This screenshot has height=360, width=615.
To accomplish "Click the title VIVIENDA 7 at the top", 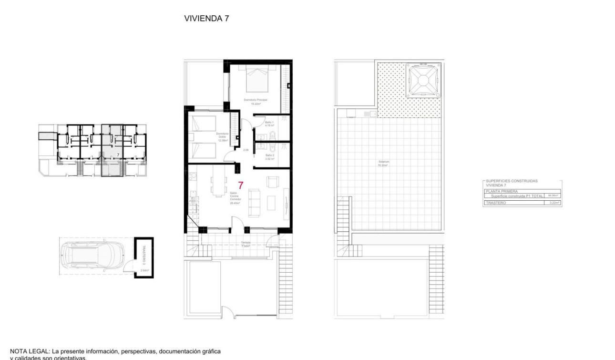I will pos(206,19).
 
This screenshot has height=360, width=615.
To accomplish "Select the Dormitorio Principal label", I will pos(256,100).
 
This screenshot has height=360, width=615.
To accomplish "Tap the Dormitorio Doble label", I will pos(223,137).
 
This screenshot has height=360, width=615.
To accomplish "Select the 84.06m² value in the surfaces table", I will pos(553,195).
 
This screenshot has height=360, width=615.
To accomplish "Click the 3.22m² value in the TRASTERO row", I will pos(553,203).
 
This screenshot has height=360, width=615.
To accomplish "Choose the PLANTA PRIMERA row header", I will pos(498,191).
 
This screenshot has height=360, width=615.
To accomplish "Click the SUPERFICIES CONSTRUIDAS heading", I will pos(512,181).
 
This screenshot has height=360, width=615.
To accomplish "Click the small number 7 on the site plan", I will pos(118,155).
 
